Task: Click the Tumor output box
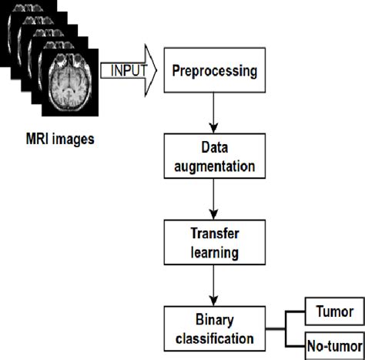(x=335, y=311)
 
